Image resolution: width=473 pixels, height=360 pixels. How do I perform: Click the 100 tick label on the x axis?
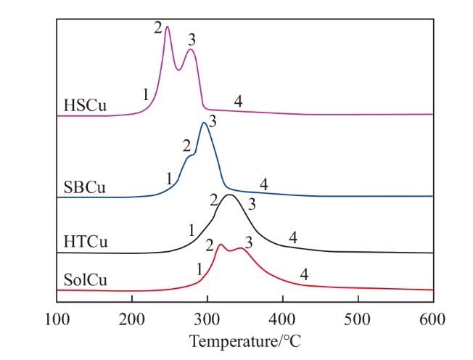[57, 318]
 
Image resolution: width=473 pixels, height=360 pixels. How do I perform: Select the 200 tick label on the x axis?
[132, 318]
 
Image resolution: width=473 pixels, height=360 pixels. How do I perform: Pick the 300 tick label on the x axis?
[207, 318]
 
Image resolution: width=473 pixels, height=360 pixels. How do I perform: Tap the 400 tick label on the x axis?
[283, 318]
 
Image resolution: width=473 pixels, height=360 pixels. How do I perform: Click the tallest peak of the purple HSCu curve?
[167, 28]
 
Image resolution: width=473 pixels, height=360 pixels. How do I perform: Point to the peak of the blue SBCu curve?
[204, 123]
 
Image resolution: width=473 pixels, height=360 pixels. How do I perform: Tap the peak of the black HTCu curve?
[230, 195]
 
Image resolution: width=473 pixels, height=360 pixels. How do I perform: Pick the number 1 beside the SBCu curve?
[168, 177]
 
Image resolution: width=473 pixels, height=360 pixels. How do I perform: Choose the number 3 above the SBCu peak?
[212, 119]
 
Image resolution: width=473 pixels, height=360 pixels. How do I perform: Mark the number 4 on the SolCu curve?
[304, 274]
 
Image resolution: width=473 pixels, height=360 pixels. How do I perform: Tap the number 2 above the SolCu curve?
[209, 245]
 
